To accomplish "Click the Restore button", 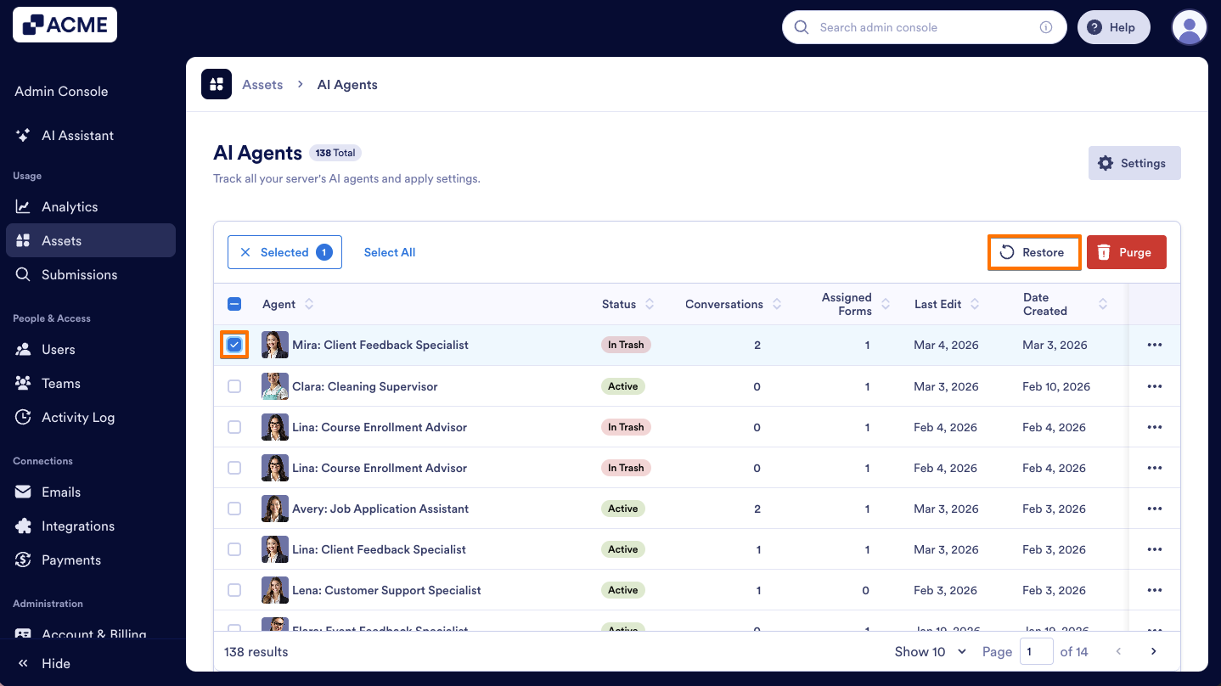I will click(1034, 252).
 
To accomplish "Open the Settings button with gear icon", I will click(1134, 163).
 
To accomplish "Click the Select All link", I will click(390, 252).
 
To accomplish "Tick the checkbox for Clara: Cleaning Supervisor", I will click(234, 386).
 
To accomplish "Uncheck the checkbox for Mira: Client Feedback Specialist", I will click(234, 345).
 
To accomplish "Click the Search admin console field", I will click(921, 27).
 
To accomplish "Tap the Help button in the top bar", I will click(1112, 27).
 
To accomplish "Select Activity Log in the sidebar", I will click(78, 417).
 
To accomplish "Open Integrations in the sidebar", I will click(78, 526).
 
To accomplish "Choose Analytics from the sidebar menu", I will click(70, 206).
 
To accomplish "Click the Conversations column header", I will click(724, 304).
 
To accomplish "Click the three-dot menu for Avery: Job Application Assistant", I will click(1154, 509).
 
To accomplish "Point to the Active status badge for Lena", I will click(622, 590).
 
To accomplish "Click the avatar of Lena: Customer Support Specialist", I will click(275, 590).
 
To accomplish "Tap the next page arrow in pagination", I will click(1153, 652).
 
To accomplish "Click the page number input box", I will click(1036, 652).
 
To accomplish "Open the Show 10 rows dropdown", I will click(930, 652).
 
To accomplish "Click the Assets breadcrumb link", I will click(262, 85).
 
